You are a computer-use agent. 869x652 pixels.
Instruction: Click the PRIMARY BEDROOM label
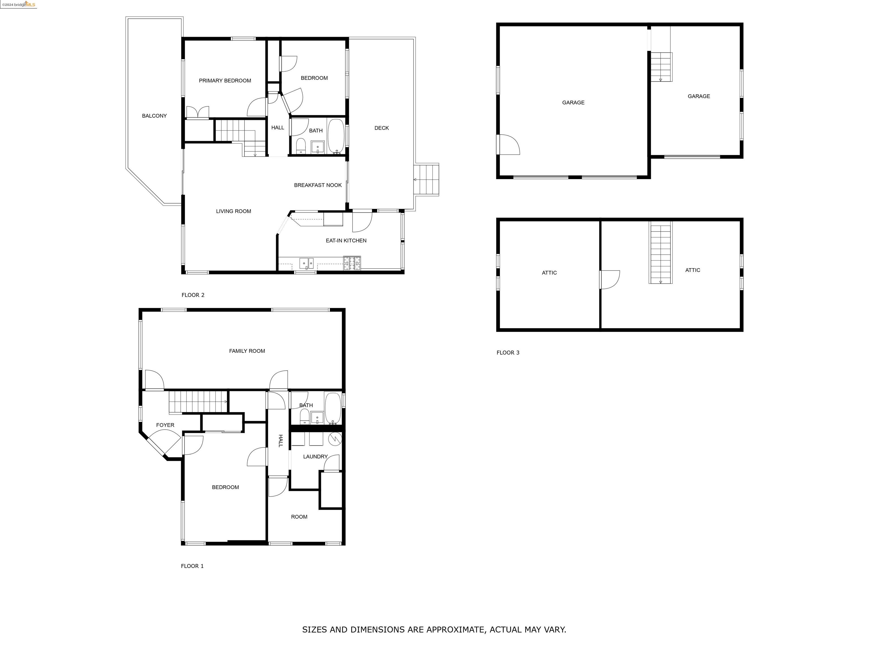tap(225, 81)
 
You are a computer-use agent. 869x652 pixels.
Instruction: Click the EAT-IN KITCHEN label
tap(346, 241)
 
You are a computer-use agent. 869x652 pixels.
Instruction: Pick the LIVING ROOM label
tap(233, 211)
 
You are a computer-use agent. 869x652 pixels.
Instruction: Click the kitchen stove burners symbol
tap(352, 263)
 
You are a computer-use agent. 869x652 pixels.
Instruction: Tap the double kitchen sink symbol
tap(306, 263)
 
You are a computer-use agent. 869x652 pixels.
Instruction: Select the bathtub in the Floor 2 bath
tap(335, 136)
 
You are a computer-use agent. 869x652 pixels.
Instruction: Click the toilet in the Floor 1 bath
tap(304, 417)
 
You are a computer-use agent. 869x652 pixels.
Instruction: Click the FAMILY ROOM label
tap(247, 351)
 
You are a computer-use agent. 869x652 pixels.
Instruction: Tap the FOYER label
tap(165, 425)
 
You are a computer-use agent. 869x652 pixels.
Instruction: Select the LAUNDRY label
tap(315, 457)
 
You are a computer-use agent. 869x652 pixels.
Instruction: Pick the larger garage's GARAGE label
tap(573, 102)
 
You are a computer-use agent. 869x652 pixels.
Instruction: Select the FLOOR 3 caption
tap(507, 353)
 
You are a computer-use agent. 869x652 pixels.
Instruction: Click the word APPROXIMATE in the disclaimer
tap(456, 630)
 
